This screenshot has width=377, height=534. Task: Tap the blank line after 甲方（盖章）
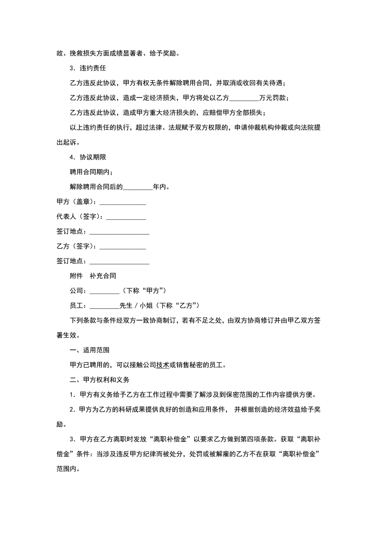[x=122, y=202]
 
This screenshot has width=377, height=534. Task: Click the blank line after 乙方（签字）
[x=122, y=246]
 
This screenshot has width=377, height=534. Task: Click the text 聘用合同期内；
[x=90, y=172]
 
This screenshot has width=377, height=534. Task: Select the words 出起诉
[x=68, y=142]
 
